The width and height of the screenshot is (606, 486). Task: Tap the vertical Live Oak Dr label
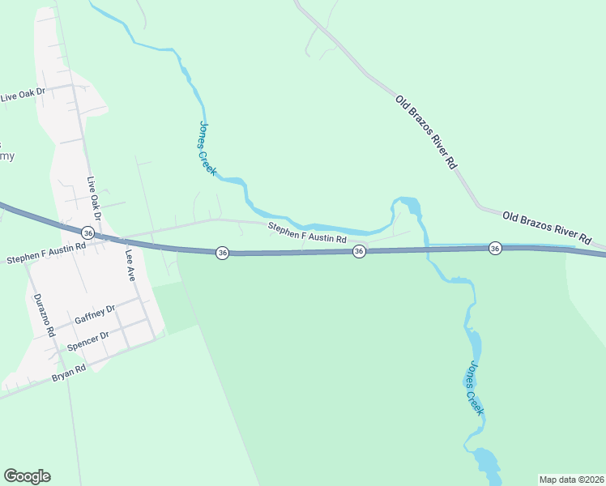(94, 199)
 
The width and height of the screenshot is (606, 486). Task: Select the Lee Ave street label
(129, 263)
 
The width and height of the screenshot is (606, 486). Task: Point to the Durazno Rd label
(42, 315)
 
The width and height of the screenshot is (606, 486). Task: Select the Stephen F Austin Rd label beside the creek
(307, 234)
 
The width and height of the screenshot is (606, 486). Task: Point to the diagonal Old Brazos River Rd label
(427, 131)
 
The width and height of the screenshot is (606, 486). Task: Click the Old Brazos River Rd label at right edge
(546, 227)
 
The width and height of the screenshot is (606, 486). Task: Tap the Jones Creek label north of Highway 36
(207, 148)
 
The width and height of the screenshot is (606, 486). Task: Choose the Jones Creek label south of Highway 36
(472, 388)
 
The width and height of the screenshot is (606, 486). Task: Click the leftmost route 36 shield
(88, 233)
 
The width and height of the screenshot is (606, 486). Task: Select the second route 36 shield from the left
(222, 253)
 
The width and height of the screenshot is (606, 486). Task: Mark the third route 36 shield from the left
(359, 253)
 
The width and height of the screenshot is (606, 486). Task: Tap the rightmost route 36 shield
(495, 248)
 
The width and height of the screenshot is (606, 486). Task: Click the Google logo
(27, 476)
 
